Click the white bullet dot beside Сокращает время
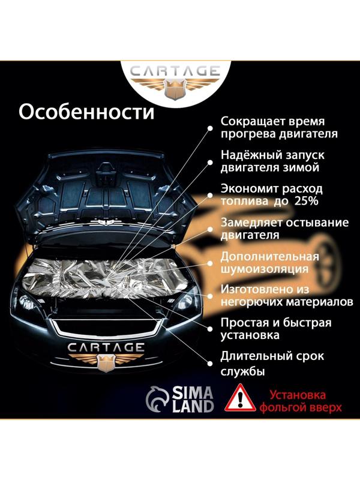click(x=210, y=127)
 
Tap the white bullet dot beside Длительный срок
click(x=210, y=363)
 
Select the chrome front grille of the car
click(x=106, y=328)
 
